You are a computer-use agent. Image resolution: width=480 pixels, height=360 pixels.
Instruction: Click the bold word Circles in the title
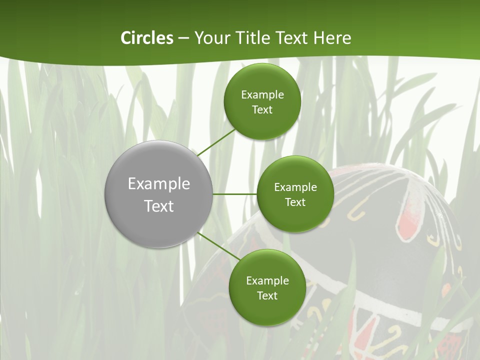click(x=147, y=38)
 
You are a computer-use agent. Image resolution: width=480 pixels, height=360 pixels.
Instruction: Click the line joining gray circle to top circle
click(x=216, y=142)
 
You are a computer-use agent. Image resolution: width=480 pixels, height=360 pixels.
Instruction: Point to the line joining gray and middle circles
click(x=234, y=194)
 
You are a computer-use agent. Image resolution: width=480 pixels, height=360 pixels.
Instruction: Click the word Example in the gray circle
click(x=158, y=184)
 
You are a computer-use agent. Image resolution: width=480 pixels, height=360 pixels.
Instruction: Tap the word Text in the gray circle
click(x=158, y=206)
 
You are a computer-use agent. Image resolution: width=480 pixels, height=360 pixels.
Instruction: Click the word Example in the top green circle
click(x=262, y=95)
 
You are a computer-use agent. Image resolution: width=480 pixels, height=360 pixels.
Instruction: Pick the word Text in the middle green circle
click(x=295, y=202)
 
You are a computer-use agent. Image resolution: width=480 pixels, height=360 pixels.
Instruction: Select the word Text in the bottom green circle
click(x=267, y=296)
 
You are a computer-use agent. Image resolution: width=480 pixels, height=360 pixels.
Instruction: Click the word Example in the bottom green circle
click(x=267, y=281)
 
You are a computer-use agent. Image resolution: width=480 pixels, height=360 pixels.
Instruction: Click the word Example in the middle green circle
click(x=295, y=187)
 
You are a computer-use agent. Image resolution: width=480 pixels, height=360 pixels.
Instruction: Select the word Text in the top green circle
click(x=262, y=110)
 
